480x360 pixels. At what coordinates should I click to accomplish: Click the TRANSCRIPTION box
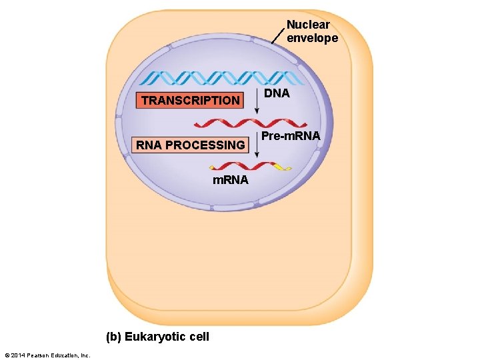[190, 101]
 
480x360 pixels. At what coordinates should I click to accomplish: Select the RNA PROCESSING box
[190, 145]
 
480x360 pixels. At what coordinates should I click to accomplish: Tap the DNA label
[277, 94]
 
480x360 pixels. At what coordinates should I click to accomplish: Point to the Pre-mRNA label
[291, 136]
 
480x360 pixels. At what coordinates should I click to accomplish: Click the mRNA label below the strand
[230, 180]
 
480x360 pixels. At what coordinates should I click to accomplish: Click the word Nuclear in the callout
[308, 25]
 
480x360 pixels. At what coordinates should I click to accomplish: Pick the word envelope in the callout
[312, 38]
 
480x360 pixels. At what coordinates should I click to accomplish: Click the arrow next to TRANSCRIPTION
[257, 99]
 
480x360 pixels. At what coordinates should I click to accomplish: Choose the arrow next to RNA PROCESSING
[257, 145]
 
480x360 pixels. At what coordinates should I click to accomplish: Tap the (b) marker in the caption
[114, 337]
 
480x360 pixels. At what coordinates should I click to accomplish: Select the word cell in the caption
[199, 337]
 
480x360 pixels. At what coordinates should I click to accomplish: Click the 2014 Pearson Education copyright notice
[47, 355]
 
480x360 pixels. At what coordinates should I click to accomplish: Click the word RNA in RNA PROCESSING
[149, 145]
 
